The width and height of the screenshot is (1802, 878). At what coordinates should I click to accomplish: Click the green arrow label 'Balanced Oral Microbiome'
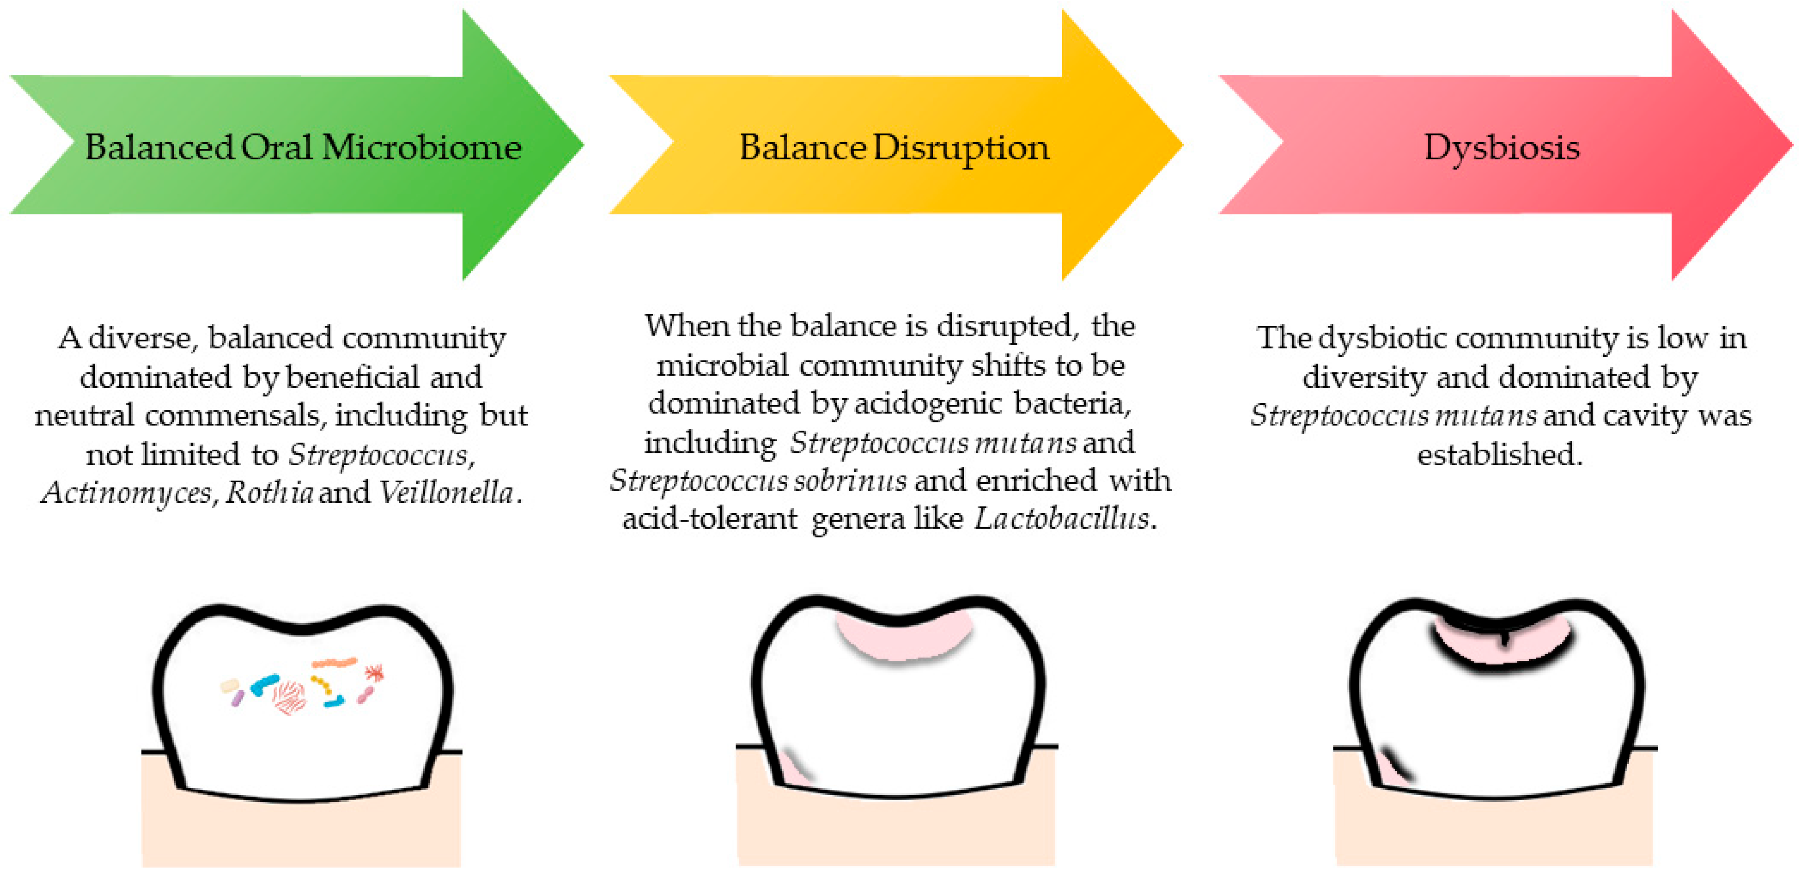[303, 148]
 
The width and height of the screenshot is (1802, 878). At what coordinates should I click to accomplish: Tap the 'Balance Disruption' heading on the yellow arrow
[894, 148]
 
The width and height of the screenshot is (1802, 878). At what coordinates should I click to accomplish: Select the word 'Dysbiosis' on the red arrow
[1502, 148]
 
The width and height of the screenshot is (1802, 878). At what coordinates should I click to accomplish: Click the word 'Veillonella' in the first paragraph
[446, 493]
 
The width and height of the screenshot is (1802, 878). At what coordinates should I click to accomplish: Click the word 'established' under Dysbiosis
[1499, 454]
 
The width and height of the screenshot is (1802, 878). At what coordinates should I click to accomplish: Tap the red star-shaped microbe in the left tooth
[374, 673]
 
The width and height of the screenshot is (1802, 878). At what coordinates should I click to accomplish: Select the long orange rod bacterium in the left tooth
[334, 662]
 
